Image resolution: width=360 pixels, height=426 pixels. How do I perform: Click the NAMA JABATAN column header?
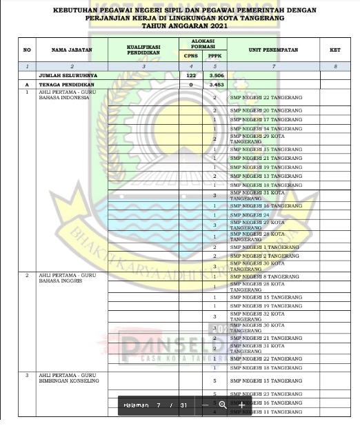(x=68, y=50)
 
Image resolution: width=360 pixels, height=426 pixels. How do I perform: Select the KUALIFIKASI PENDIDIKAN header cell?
(x=143, y=50)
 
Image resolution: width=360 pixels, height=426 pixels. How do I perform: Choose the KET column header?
(x=335, y=50)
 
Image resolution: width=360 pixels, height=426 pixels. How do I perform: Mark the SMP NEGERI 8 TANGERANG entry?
(x=264, y=276)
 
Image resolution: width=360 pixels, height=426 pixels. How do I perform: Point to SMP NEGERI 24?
(x=250, y=215)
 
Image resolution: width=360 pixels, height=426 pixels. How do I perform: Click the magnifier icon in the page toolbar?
(x=222, y=405)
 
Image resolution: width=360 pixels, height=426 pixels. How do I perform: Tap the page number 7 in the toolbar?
(x=158, y=405)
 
